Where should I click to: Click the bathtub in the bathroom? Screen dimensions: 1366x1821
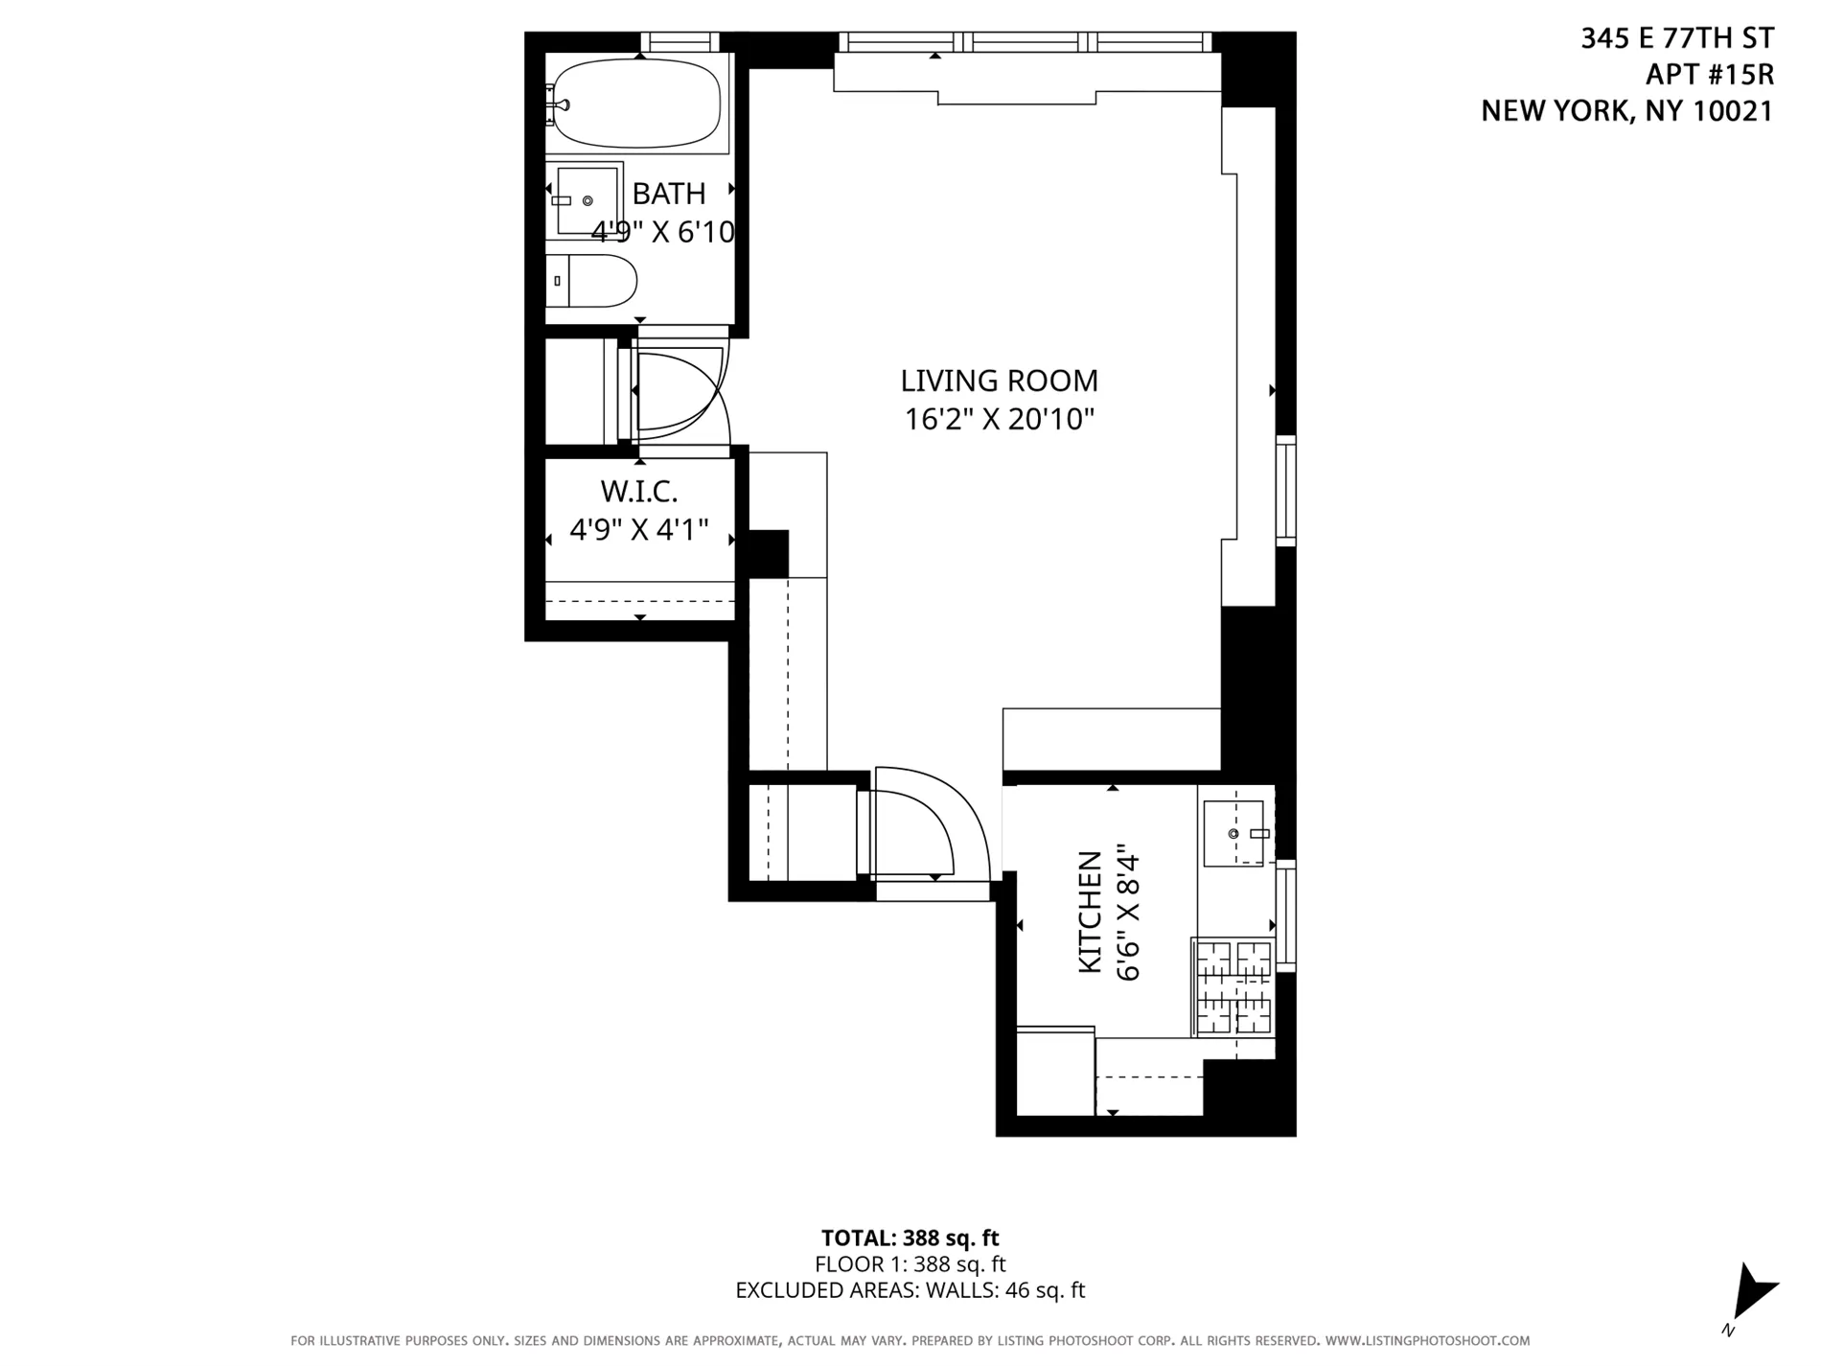[637, 104]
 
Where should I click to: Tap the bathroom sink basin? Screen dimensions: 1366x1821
[587, 200]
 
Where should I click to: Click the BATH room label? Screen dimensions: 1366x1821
[669, 194]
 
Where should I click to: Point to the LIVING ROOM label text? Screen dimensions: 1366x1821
[999, 381]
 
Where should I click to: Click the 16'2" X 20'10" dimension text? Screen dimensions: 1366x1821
[999, 419]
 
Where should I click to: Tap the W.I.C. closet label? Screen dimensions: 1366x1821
[638, 492]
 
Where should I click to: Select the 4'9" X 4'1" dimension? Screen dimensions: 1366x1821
[638, 529]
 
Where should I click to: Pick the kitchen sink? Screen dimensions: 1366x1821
[1233, 834]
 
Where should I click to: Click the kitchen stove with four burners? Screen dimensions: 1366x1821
[1233, 987]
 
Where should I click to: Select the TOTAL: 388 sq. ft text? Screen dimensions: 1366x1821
[910, 1238]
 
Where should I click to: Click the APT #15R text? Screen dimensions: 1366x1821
[1709, 75]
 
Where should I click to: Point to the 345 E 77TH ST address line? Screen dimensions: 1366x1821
[1676, 38]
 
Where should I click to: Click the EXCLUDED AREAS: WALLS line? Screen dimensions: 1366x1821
[910, 1290]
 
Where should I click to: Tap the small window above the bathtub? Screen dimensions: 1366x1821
[679, 41]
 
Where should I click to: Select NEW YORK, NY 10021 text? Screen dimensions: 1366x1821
[1626, 111]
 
